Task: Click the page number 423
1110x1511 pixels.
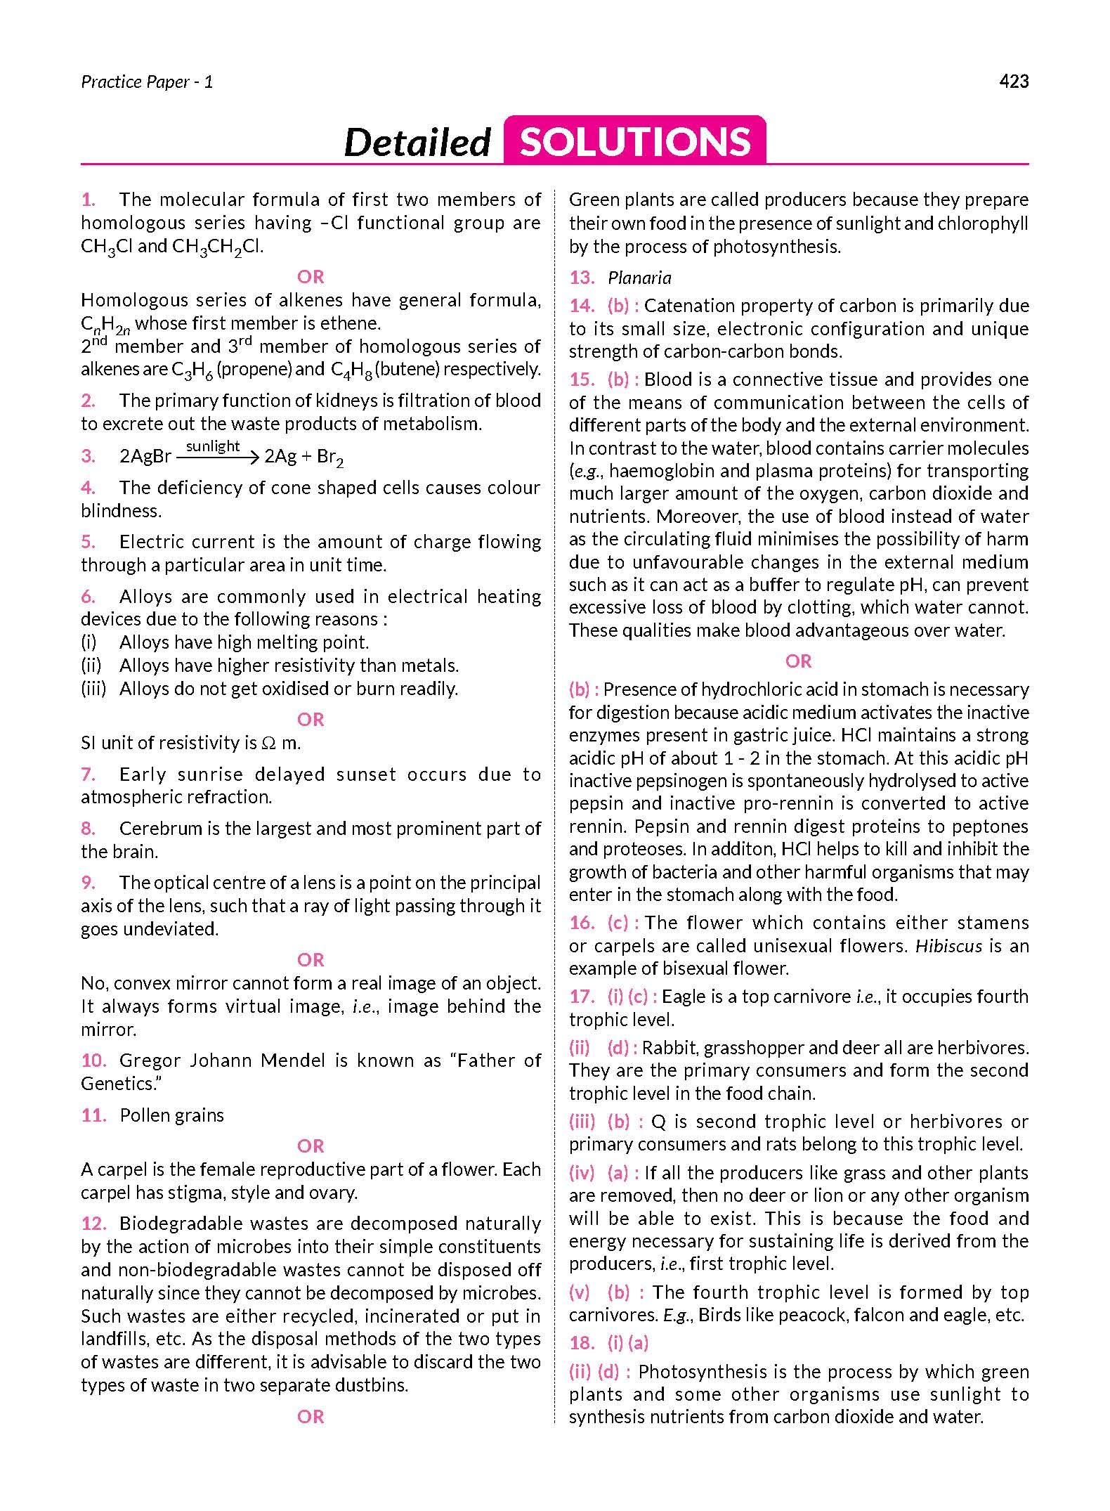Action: tap(1013, 82)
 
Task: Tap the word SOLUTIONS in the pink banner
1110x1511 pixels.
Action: tap(635, 141)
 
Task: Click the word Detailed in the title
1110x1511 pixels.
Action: tap(417, 142)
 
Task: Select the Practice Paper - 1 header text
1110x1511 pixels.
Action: tap(147, 82)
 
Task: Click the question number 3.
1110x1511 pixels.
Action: tap(88, 457)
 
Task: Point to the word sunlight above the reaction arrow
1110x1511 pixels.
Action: tap(213, 446)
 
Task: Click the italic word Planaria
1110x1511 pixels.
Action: tap(639, 278)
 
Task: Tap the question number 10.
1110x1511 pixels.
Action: tap(93, 1060)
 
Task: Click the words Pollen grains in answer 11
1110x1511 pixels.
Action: tap(172, 1115)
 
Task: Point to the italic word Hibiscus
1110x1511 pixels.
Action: tap(948, 946)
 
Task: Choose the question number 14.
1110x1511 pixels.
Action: tap(582, 306)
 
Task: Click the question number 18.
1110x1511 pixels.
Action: tap(582, 1343)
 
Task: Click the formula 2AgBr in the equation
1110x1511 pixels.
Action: tap(145, 457)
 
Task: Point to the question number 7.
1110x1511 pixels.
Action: tap(88, 774)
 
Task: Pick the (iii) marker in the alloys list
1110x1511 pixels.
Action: tap(93, 689)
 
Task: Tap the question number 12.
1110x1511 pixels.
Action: tap(93, 1224)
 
